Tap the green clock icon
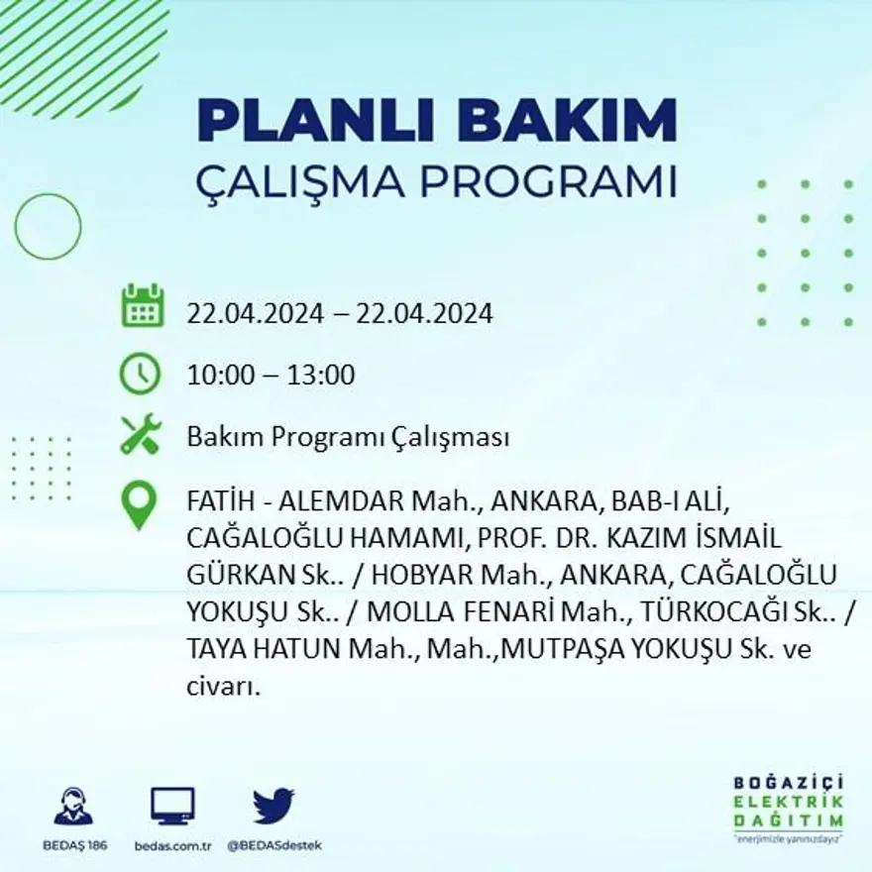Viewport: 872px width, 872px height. pyautogui.click(x=140, y=374)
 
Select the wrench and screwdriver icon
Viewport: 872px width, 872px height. pyautogui.click(x=140, y=435)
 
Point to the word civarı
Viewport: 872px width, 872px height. pyautogui.click(x=222, y=686)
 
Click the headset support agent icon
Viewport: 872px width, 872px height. pyautogui.click(x=73, y=806)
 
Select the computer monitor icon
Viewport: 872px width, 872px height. pyautogui.click(x=172, y=806)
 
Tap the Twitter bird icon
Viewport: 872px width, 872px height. pyautogui.click(x=273, y=806)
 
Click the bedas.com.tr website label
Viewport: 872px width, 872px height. pyautogui.click(x=172, y=845)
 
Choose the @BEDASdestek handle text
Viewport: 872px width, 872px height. pyautogui.click(x=274, y=845)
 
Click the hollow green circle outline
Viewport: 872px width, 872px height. pyautogui.click(x=48, y=227)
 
